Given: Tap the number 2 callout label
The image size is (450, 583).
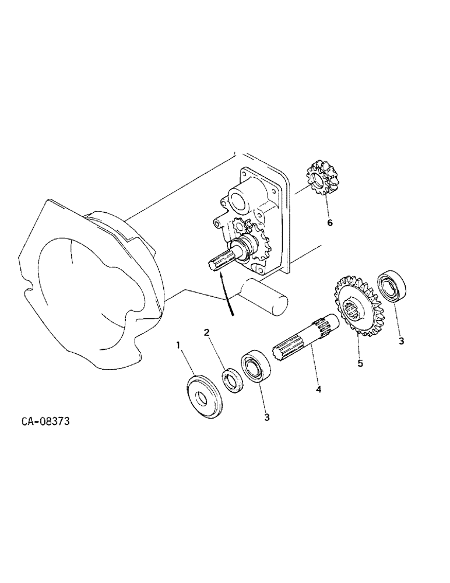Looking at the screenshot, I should (206, 332).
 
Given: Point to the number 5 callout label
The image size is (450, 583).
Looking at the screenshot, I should (360, 363).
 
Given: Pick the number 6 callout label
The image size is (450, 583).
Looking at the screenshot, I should (330, 222).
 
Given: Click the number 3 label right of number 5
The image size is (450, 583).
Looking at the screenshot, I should (401, 341).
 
